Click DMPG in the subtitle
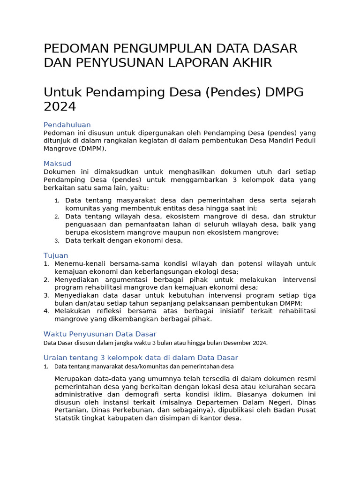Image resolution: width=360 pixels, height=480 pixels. tap(285, 92)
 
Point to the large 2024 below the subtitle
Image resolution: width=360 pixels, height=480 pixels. tap(60, 107)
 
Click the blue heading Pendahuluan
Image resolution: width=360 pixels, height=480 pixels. tap(67, 125)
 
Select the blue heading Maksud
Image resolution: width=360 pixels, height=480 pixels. tap(57, 164)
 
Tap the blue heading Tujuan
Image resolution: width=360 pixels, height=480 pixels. tap(56, 255)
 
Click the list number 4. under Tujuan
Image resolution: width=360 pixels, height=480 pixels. tap(46, 311)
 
